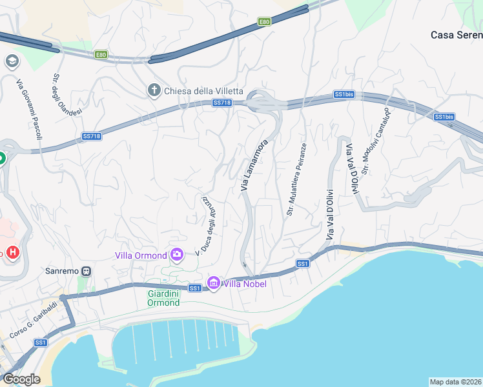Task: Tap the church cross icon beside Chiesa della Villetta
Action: (154, 90)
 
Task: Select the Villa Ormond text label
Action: (140, 255)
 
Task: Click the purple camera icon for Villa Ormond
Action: (176, 255)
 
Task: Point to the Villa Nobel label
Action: (245, 283)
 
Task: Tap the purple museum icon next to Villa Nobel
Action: (214, 283)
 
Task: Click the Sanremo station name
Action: (61, 271)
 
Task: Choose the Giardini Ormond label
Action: (159, 298)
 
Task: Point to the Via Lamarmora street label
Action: (254, 165)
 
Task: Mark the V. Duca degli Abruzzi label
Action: (207, 223)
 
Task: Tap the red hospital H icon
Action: (12, 251)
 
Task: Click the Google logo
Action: (21, 379)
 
